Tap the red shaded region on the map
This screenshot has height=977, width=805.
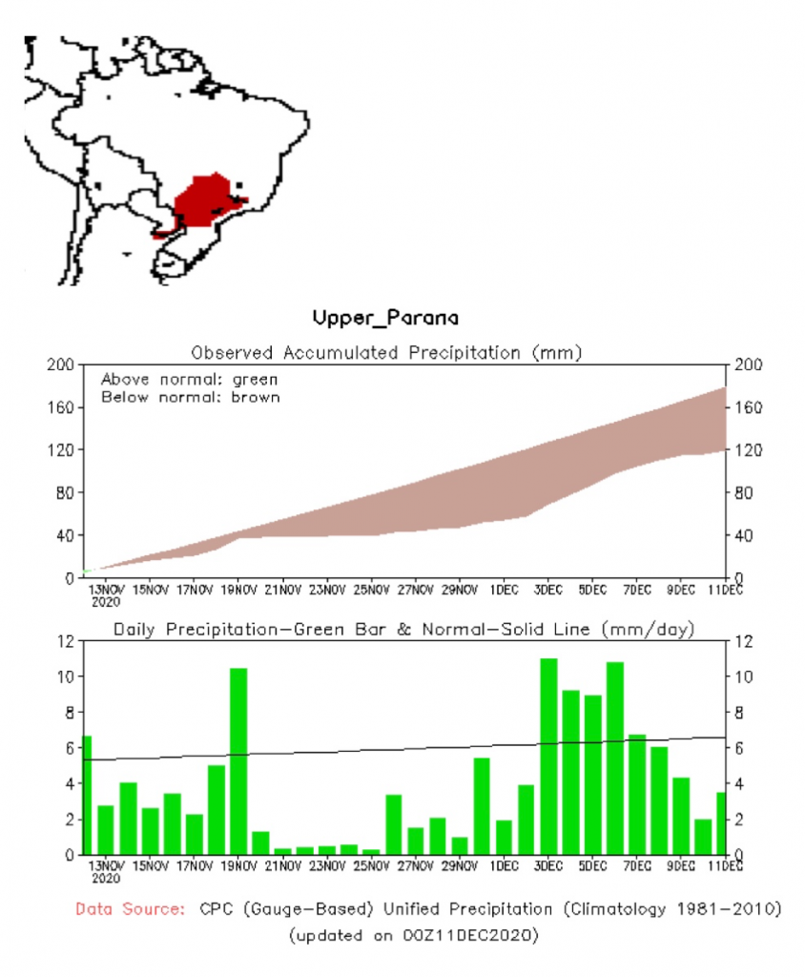pyautogui.click(x=205, y=198)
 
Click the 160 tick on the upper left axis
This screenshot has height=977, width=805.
pyautogui.click(x=62, y=407)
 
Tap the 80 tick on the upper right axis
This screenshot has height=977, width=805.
pyautogui.click(x=740, y=492)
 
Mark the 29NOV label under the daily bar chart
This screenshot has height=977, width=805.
pyautogui.click(x=460, y=867)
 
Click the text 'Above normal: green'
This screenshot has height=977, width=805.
pyautogui.click(x=175, y=379)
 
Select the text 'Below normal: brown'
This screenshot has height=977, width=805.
pyautogui.click(x=190, y=396)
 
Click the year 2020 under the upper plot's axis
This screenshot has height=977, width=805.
pyautogui.click(x=106, y=602)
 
